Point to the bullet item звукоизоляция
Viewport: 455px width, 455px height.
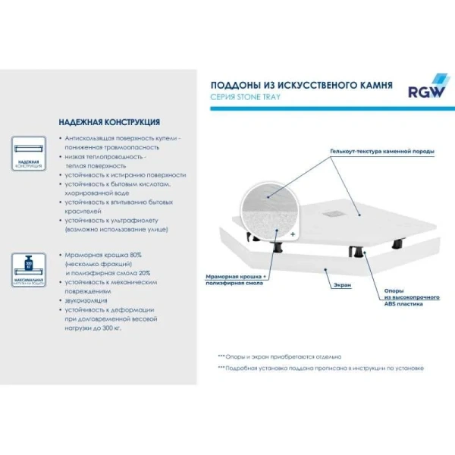[x=88, y=300]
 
